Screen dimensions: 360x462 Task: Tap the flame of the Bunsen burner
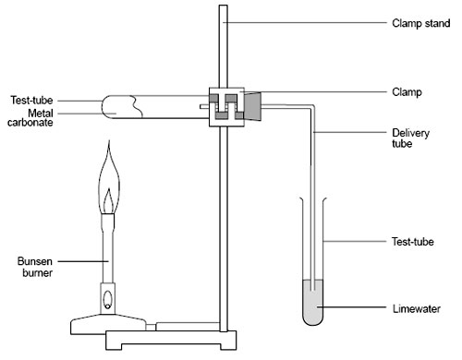108,189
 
